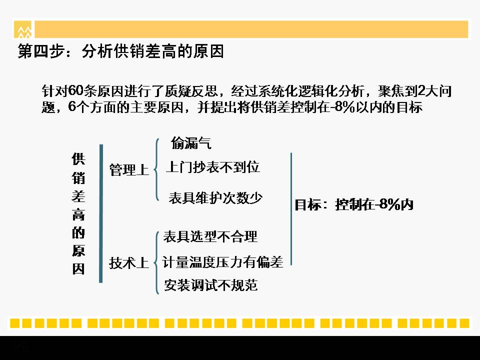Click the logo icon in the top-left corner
(x=22, y=29)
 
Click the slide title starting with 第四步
(x=121, y=51)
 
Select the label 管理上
(x=129, y=169)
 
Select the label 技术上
(x=129, y=263)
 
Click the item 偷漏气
(x=191, y=143)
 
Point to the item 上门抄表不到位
(x=213, y=167)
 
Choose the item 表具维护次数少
(x=215, y=198)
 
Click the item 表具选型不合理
(x=210, y=236)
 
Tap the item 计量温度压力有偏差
(x=222, y=262)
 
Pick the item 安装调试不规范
(x=210, y=285)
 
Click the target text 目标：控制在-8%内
(x=354, y=204)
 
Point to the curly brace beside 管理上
(x=156, y=169)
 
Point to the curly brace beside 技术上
(x=156, y=262)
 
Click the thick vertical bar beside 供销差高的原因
(x=101, y=213)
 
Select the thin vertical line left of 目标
(x=291, y=209)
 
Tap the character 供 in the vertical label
(x=78, y=159)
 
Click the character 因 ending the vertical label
(x=78, y=269)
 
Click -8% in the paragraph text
(x=342, y=107)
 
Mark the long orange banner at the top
(x=251, y=29)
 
